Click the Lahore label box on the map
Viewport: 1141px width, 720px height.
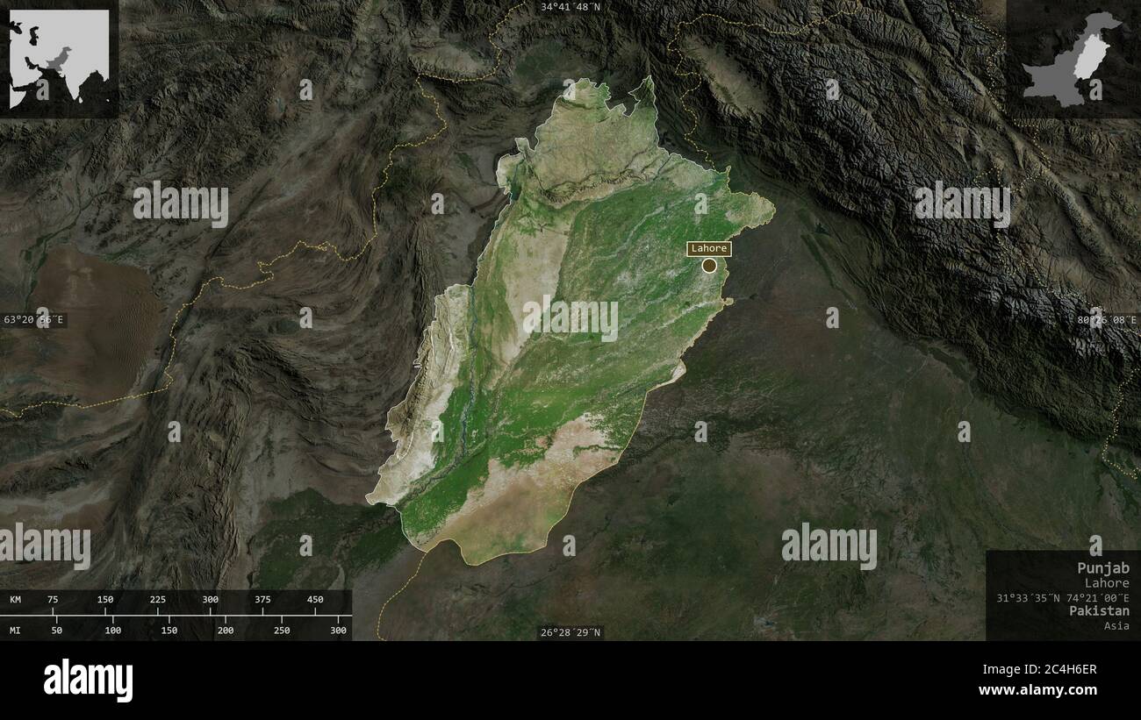pyautogui.click(x=709, y=248)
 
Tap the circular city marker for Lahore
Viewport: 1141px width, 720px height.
pyautogui.click(x=709, y=265)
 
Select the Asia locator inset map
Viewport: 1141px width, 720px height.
pyautogui.click(x=60, y=59)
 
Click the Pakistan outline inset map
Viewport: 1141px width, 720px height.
pyautogui.click(x=1073, y=59)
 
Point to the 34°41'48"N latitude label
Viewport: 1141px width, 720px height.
pyautogui.click(x=570, y=7)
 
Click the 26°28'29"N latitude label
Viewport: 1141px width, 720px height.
pyautogui.click(x=570, y=632)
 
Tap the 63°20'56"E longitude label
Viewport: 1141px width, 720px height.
pyautogui.click(x=33, y=320)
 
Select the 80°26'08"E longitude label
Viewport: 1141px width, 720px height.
pyautogui.click(x=1107, y=320)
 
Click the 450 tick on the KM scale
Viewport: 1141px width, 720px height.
pyautogui.click(x=315, y=600)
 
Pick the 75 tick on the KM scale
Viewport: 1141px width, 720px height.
pyautogui.click(x=53, y=600)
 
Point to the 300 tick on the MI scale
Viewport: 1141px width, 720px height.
pyautogui.click(x=338, y=631)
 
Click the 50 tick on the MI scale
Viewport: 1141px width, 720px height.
pyautogui.click(x=57, y=631)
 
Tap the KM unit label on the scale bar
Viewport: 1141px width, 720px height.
pyautogui.click(x=16, y=600)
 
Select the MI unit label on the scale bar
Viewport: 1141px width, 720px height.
pyautogui.click(x=16, y=631)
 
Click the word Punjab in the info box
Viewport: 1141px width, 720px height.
pyautogui.click(x=1103, y=568)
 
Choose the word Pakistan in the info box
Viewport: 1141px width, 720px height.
pyautogui.click(x=1099, y=610)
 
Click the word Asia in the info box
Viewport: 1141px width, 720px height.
pyautogui.click(x=1117, y=625)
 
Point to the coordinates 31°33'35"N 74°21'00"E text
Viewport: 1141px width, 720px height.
pyautogui.click(x=1063, y=597)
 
